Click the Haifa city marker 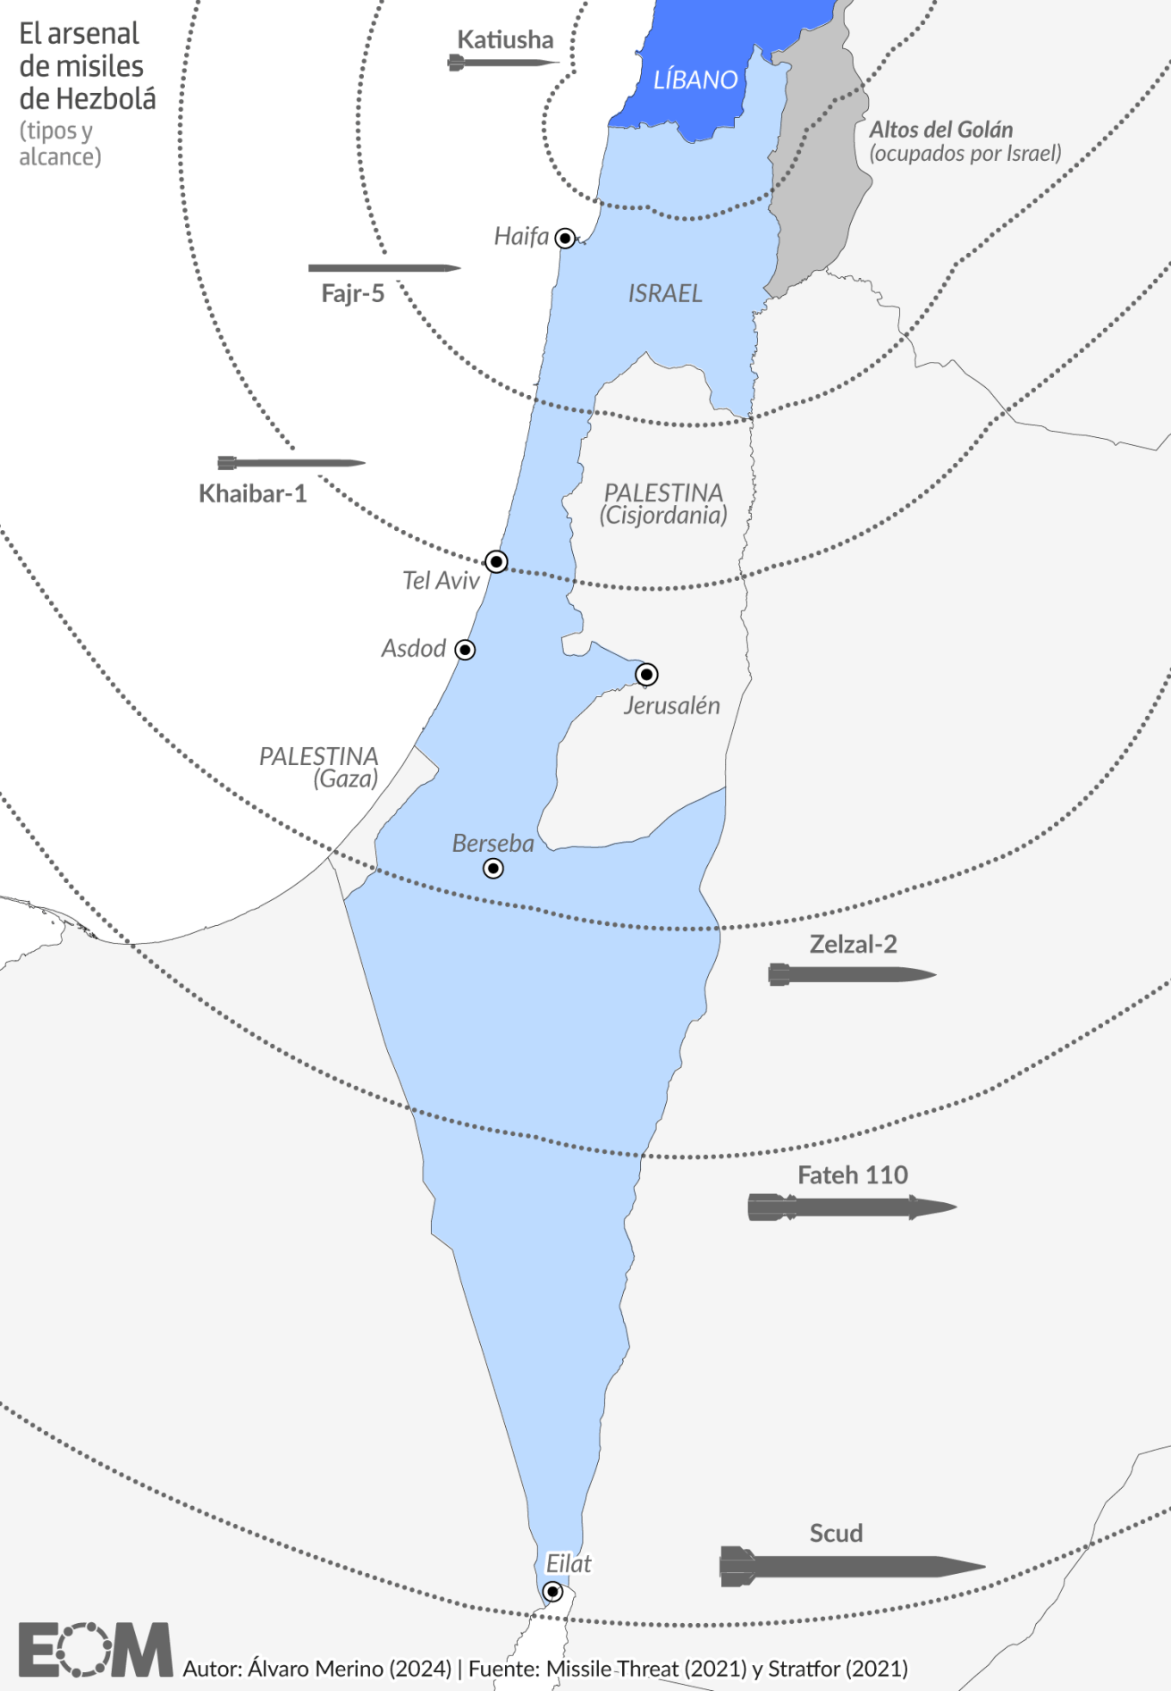565,238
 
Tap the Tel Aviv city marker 496,561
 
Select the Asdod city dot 465,650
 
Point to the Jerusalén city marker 646,674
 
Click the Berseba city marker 493,868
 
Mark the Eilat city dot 552,1591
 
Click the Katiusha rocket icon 502,63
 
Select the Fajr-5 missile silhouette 384,267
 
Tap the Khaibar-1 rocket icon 291,463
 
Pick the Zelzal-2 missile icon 851,974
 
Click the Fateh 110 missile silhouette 851,1207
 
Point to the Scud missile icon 851,1566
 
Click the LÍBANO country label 695,80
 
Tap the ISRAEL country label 665,293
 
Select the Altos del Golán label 941,130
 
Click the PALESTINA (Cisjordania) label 663,503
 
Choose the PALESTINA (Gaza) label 319,767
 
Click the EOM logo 95,1649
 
